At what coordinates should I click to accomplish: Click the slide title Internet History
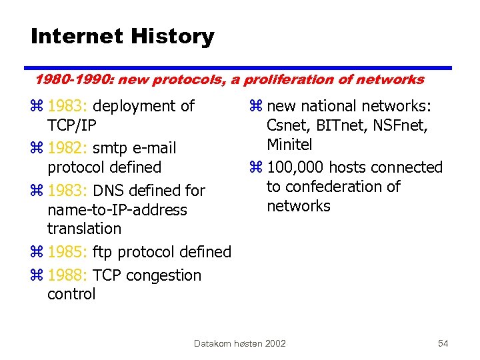(x=123, y=37)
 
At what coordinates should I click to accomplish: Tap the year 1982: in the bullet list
(x=70, y=148)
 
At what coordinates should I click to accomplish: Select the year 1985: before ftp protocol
(x=70, y=252)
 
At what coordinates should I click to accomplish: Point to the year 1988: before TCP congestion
(x=70, y=275)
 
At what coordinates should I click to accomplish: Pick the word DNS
(x=113, y=191)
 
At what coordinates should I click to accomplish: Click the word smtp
(x=113, y=148)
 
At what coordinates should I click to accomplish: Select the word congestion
(x=163, y=276)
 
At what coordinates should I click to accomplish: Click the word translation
(x=84, y=229)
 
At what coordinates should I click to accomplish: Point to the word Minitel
(x=289, y=145)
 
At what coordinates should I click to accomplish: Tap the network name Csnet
(x=286, y=125)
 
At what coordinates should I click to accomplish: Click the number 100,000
(x=295, y=167)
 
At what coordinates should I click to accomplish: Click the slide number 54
(x=443, y=343)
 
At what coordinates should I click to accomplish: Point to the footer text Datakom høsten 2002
(x=240, y=343)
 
